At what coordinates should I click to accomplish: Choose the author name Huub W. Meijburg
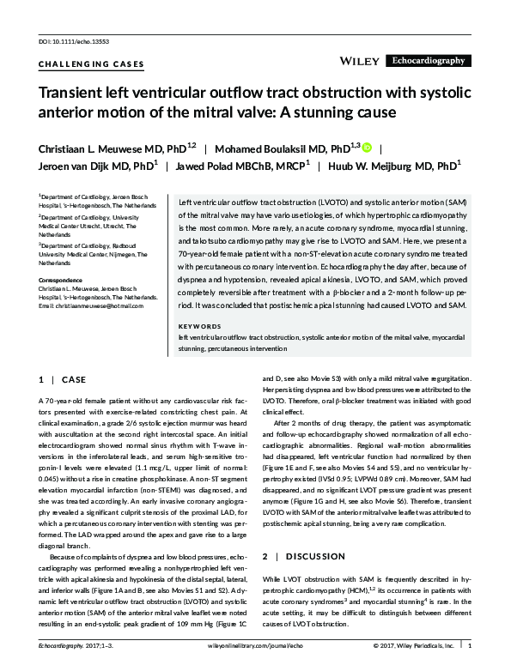(x=376, y=166)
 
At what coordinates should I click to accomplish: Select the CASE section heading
(x=74, y=379)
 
